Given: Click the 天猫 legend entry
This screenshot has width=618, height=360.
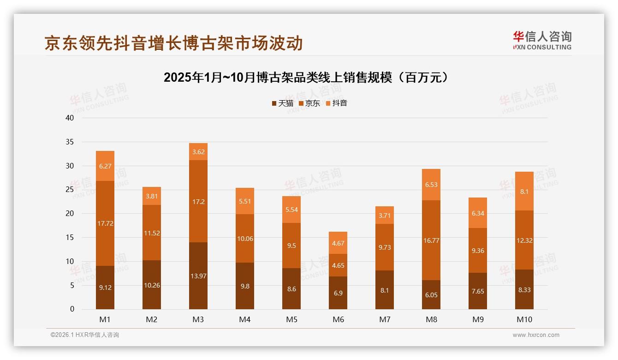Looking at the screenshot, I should point(282,103).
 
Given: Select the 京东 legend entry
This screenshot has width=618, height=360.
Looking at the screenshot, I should point(309,103).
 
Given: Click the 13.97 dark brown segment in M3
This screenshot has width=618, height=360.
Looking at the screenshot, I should point(198,276).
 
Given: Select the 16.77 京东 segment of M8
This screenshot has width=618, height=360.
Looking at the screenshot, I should point(431,240).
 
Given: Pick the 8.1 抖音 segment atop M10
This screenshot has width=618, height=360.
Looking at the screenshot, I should point(524,191).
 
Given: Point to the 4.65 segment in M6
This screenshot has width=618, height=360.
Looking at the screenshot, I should point(338,265).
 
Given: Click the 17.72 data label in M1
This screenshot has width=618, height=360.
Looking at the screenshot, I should point(105,223).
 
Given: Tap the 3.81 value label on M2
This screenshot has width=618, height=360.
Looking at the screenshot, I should point(152,196).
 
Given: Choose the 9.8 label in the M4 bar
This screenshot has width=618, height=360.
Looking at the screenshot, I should point(245,286).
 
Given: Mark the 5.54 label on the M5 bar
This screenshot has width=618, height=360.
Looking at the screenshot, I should point(291,210).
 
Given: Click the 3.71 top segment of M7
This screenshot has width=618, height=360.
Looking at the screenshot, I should point(385,215).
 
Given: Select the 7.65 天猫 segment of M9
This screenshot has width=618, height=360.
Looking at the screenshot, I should point(478,291).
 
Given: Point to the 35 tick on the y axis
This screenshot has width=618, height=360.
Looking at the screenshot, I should point(70,142).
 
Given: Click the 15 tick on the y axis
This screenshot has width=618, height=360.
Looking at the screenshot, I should point(70,237).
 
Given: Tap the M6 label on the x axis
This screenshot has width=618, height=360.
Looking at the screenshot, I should point(338,319).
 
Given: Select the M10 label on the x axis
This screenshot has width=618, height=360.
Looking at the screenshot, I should point(524,319).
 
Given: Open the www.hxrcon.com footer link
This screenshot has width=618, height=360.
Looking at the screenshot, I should point(535,335).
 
